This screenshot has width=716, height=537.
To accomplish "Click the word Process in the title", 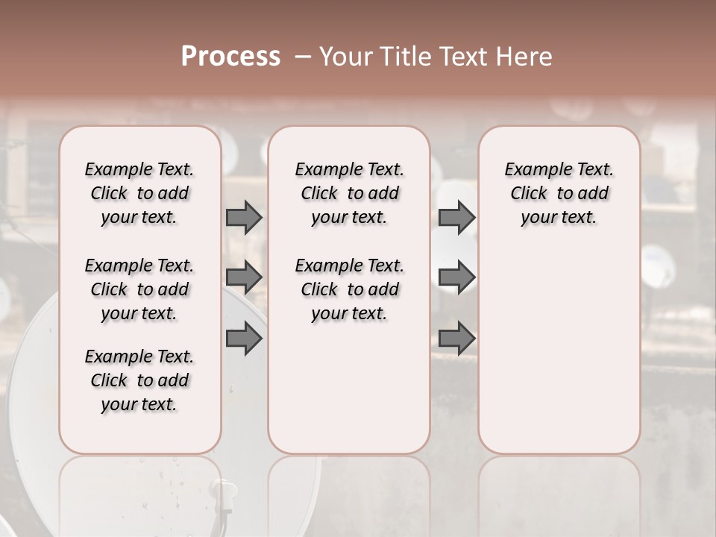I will point(230,57).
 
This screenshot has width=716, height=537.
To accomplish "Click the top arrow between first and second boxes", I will point(244,217).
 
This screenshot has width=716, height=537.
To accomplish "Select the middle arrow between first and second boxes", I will point(244,277).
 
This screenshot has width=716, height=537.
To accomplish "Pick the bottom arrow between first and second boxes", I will point(244,339).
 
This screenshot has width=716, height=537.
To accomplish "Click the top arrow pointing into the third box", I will point(456,217).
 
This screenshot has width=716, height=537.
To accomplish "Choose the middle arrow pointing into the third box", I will point(456,277).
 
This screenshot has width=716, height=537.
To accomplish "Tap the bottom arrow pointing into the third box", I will point(456,339).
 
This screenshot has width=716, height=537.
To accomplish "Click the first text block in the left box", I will point(139,193).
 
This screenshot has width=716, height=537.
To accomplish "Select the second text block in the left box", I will point(139,289).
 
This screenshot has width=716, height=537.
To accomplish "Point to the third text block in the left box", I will point(139,380).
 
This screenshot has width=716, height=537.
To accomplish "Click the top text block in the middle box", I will point(349,193).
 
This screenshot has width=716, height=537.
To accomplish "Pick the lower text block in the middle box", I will point(349,289).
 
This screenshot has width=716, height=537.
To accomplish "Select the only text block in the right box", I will point(559,193).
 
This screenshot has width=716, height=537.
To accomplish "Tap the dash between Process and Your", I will point(302,57).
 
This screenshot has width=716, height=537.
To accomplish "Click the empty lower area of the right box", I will point(559,343).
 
